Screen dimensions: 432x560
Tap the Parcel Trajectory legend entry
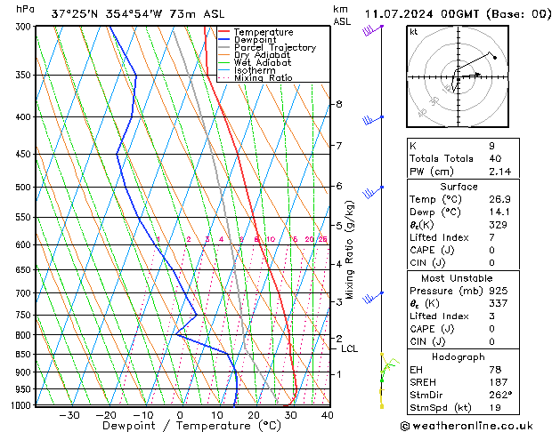pyautogui.click(x=274, y=47)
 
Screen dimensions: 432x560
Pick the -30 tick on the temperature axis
pyautogui.click(x=69, y=414)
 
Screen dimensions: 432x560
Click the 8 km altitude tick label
pyautogui.click(x=338, y=105)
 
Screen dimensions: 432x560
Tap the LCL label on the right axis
pyautogui.click(x=349, y=349)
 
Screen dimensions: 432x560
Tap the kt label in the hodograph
pyautogui.click(x=413, y=32)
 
